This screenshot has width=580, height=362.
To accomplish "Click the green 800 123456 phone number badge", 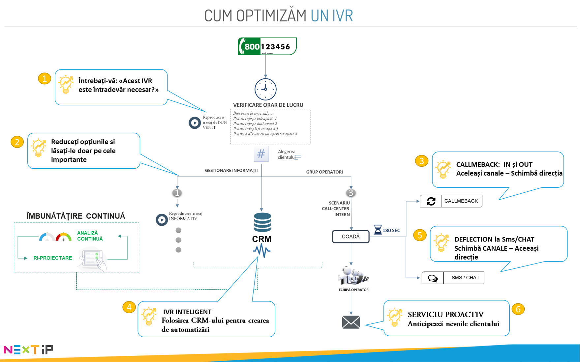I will coord(267,46).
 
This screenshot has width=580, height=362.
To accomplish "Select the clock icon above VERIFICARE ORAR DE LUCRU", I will coord(265,89).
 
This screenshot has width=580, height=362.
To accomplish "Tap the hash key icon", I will coord(261,154).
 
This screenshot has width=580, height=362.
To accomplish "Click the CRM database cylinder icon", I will coord(262,222).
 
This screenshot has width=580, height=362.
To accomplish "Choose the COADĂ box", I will coord(351,237).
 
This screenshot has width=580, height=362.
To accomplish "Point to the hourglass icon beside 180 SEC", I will coord(378,230).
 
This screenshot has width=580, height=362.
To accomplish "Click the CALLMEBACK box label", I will coord(461,201).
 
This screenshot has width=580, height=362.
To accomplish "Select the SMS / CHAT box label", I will coord(465,278).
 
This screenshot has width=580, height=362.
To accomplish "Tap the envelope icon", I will coord(351,322).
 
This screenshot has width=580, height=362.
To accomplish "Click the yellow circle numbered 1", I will coord(44,79).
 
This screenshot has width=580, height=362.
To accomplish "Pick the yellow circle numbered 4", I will coord(129,307).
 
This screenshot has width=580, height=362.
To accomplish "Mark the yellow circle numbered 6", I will coord(518,309).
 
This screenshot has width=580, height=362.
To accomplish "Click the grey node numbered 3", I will coord(351,193).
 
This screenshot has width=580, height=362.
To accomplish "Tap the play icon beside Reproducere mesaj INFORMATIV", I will coord(162,220).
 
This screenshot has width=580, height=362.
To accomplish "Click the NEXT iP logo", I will coord(28,349).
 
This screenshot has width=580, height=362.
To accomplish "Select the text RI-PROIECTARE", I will coord(53,258).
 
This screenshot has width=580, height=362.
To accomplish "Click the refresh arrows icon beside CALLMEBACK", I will coord(431,201).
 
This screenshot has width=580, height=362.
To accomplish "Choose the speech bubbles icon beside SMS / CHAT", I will coord(433,278).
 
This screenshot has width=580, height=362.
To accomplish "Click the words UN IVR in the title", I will coord(332,15).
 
